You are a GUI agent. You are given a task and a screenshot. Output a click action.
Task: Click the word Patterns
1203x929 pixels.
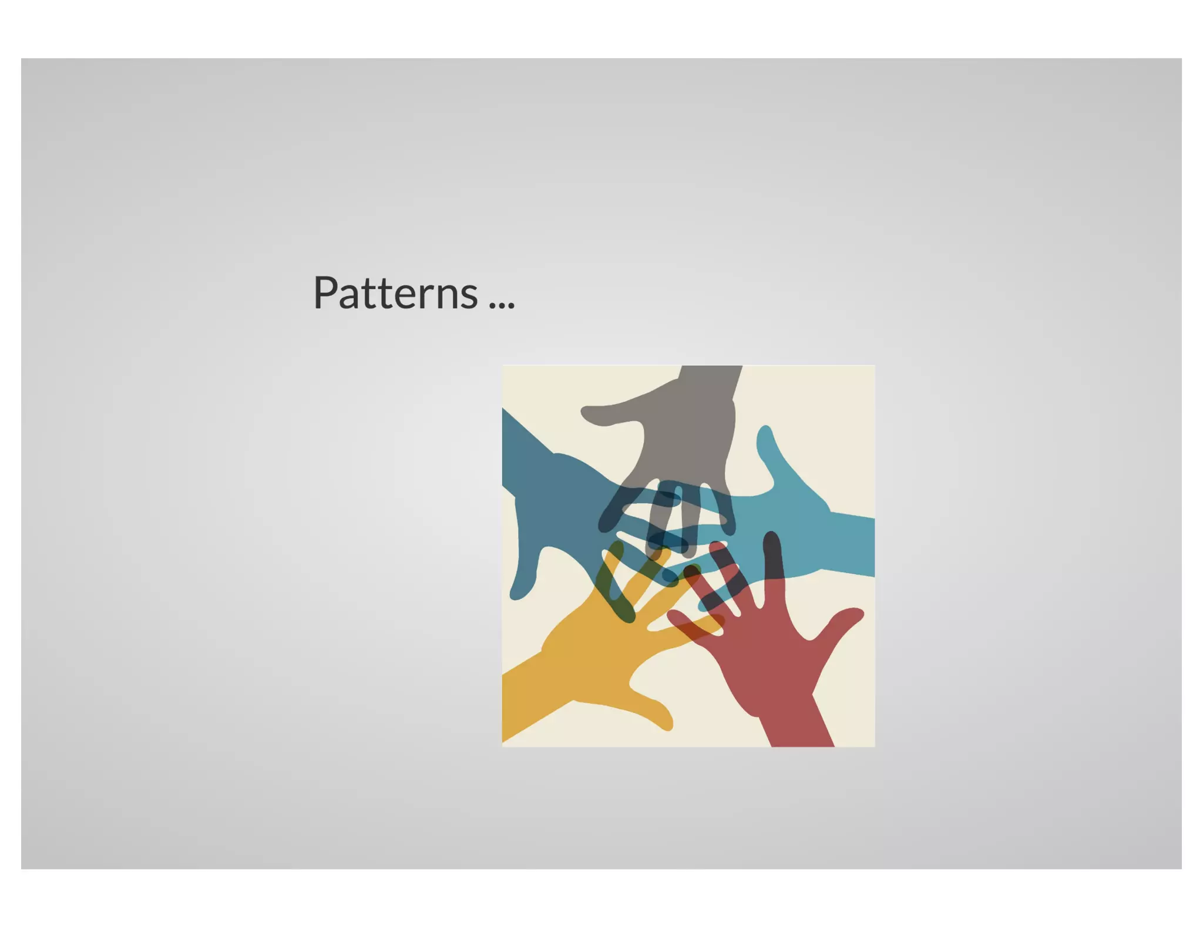pyautogui.click(x=395, y=292)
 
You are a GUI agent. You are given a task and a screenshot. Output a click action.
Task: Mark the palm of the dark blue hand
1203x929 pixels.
pyautogui.click(x=564, y=505)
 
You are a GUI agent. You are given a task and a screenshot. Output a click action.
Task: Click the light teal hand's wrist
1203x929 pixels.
pyautogui.click(x=846, y=543)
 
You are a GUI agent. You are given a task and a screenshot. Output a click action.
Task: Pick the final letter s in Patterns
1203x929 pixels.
pyautogui.click(x=469, y=297)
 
